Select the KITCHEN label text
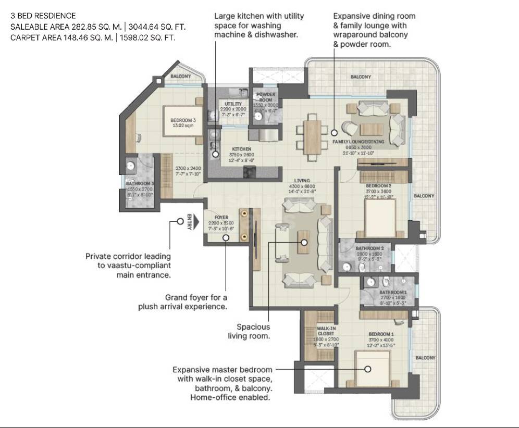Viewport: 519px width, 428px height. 241,149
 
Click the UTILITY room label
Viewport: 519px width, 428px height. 233,104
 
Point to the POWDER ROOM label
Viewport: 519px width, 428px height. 266,97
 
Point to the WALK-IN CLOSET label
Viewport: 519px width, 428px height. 326,331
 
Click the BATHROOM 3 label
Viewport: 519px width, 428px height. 142,184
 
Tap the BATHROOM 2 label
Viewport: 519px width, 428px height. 369,248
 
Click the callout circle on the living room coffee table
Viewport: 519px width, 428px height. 304,242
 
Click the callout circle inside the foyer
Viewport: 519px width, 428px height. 226,237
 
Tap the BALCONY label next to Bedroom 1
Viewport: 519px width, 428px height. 425,358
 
